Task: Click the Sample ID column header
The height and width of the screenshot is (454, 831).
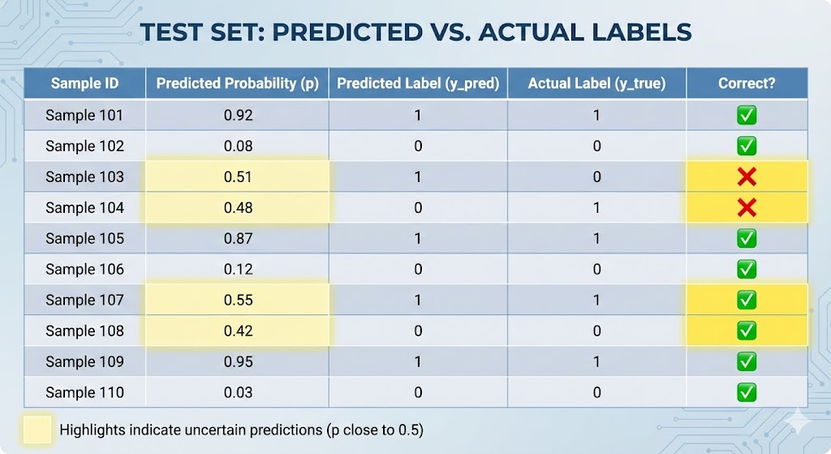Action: [x=84, y=84]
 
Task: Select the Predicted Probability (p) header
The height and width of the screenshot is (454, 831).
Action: [x=238, y=84]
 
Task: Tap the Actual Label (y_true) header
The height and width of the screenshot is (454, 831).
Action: [x=596, y=84]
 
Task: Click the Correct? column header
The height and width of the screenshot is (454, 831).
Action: [x=747, y=84]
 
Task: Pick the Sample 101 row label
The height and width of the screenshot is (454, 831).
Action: [x=84, y=115]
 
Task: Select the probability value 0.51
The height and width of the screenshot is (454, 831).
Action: [x=238, y=177]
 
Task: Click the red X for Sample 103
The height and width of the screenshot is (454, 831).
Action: [x=747, y=177]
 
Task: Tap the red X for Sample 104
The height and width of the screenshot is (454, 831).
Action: [x=747, y=208]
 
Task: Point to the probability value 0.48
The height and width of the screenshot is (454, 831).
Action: [x=238, y=208]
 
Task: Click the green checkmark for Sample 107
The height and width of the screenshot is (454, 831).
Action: [x=747, y=301]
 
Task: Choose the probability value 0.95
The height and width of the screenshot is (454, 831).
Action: [x=238, y=361]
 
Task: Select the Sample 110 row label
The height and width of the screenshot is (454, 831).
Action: [x=84, y=392]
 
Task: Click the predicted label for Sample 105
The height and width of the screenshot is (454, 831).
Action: [x=418, y=239]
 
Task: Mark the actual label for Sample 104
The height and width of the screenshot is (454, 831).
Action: [x=596, y=208]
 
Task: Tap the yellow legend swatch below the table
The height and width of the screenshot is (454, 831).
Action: [x=37, y=430]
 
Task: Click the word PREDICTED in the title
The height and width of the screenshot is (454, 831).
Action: [x=353, y=32]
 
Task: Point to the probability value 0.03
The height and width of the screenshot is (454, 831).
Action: [x=238, y=392]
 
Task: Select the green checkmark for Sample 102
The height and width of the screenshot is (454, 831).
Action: [x=747, y=146]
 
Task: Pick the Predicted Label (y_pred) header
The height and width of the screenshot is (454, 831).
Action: [x=418, y=84]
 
